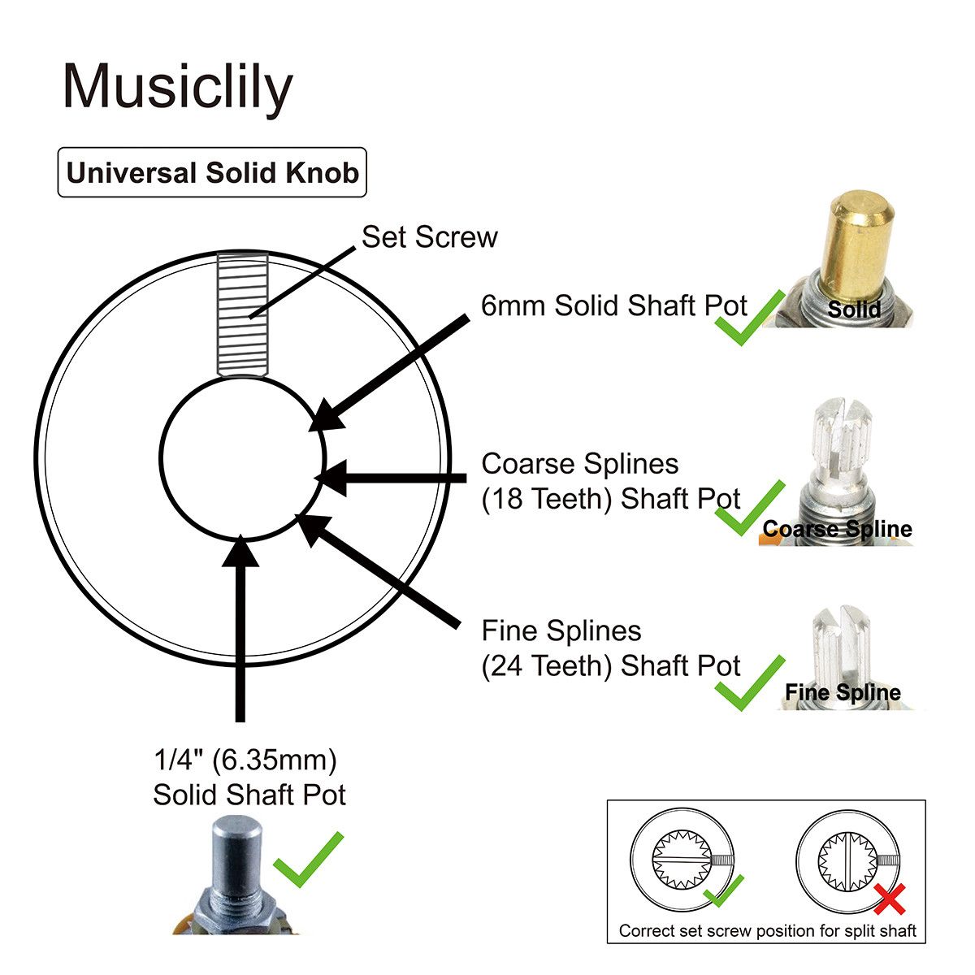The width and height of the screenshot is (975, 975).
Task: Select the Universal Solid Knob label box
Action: click(x=212, y=172)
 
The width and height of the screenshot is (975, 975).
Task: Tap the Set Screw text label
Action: click(x=430, y=236)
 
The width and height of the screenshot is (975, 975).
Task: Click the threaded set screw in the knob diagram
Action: click(x=242, y=314)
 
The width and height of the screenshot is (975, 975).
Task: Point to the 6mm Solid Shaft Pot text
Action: click(x=613, y=305)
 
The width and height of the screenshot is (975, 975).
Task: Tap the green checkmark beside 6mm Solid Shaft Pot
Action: click(x=749, y=318)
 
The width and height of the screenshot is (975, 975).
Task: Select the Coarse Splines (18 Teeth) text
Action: click(x=611, y=481)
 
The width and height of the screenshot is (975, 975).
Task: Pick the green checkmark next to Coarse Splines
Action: click(x=749, y=508)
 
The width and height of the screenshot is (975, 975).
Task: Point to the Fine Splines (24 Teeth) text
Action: click(x=611, y=648)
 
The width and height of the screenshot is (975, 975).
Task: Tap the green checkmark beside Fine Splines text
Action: click(x=749, y=683)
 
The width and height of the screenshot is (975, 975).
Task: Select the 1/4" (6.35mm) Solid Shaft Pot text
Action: click(x=249, y=778)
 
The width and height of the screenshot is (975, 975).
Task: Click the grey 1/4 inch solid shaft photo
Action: click(x=236, y=873)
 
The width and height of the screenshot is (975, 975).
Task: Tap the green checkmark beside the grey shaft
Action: click(x=308, y=860)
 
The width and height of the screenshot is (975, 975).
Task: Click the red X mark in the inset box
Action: click(x=890, y=899)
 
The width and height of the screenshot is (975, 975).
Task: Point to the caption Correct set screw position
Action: click(x=768, y=931)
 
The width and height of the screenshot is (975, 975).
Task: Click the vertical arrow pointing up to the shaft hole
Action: click(x=240, y=628)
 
